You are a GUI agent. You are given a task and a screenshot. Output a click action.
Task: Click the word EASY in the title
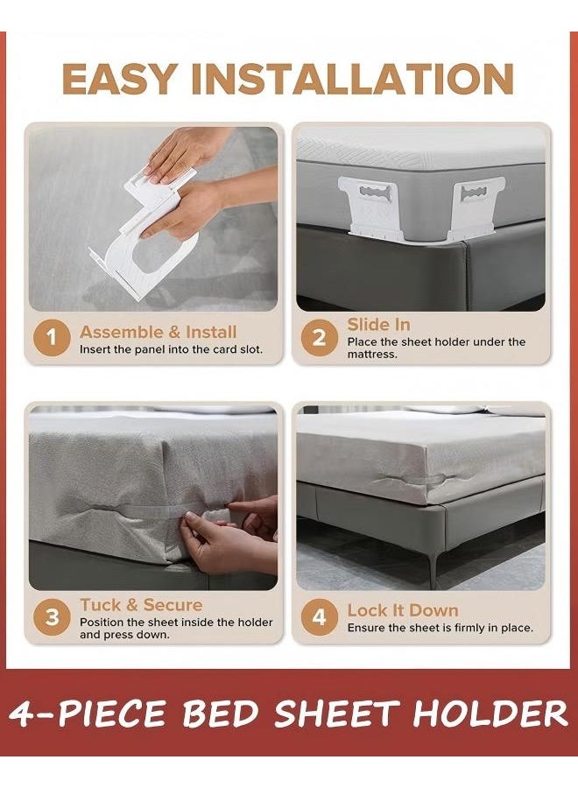click(120, 79)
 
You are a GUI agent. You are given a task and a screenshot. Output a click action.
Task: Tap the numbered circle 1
click(52, 338)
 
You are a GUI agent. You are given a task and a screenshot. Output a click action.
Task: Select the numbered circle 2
click(319, 338)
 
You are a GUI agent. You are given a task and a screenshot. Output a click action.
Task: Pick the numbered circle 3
click(52, 617)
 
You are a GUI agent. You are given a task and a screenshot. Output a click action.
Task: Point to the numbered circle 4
click(319, 617)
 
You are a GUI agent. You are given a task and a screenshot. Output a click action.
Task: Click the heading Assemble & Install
click(158, 332)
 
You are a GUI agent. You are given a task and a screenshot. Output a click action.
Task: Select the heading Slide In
click(378, 325)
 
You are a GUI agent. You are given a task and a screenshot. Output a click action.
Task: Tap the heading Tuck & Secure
click(141, 604)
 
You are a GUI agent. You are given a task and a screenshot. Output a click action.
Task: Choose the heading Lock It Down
click(403, 610)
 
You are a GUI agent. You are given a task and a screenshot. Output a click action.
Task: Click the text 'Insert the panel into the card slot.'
click(171, 349)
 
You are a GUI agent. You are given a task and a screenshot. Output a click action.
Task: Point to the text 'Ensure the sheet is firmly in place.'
click(440, 628)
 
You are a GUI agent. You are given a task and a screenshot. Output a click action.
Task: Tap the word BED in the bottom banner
click(221, 714)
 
